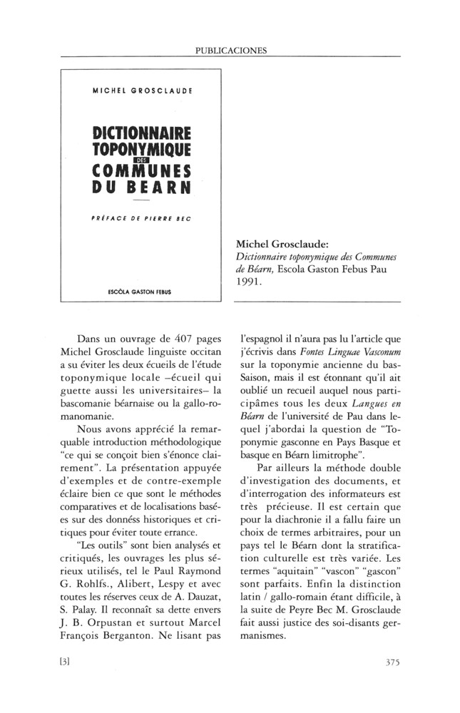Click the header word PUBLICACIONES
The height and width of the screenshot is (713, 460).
coord(230,51)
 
